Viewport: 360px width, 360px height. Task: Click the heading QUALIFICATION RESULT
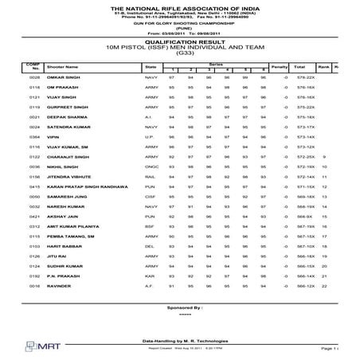[180, 42]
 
